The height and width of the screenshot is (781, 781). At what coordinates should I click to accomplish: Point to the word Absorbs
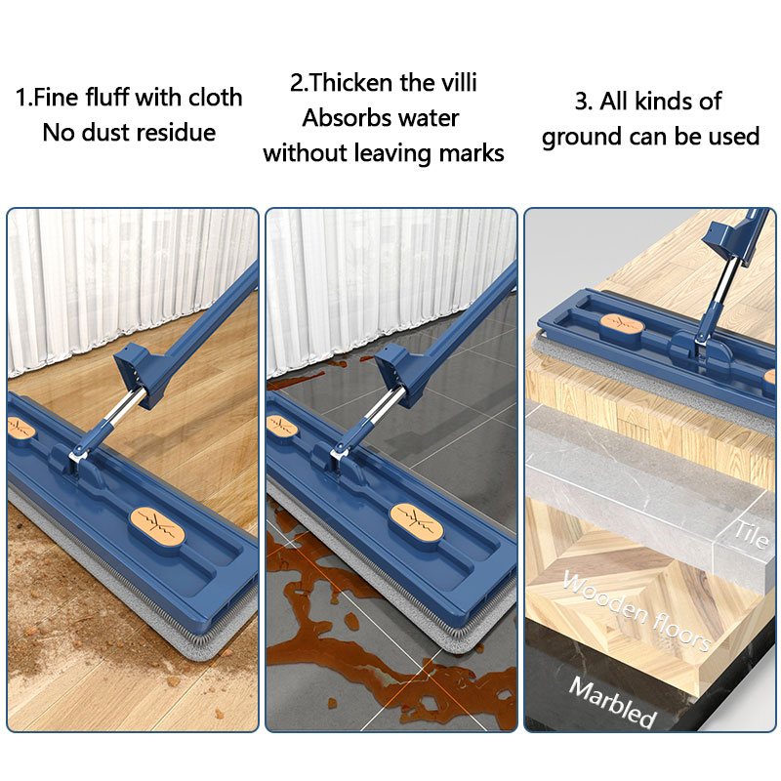(x=345, y=118)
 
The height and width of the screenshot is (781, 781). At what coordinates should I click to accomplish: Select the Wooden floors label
(x=635, y=610)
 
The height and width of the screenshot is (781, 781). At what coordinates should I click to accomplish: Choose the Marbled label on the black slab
(x=612, y=701)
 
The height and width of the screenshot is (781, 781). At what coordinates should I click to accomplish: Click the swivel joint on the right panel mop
(x=699, y=337)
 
